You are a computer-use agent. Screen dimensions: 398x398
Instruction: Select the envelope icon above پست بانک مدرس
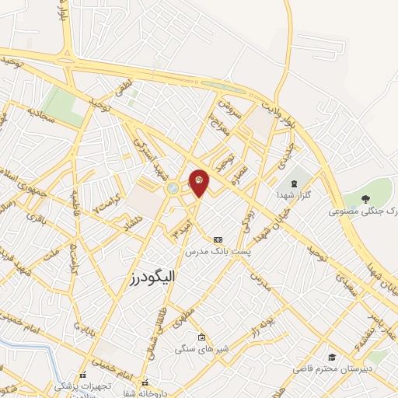[x=217, y=239]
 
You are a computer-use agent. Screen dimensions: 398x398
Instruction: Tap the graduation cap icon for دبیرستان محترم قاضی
[x=332, y=357]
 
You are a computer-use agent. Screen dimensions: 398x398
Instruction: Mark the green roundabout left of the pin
[x=171, y=187]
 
